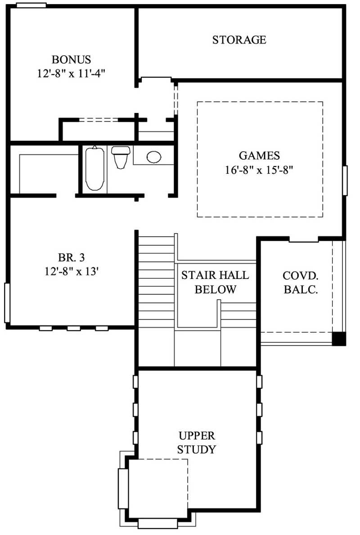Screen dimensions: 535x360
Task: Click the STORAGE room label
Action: [x=239, y=40]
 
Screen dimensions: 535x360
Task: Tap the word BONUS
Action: [x=72, y=59]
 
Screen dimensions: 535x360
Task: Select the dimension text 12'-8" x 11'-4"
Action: [x=72, y=73]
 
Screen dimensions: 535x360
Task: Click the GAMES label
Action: [x=259, y=156]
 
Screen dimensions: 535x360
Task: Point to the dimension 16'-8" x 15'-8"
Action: [x=259, y=170]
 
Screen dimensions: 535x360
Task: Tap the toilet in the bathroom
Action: [x=121, y=156]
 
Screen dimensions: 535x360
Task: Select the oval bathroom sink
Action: [x=154, y=157]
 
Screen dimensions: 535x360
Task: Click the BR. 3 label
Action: [x=72, y=257]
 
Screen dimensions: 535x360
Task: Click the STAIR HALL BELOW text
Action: [x=215, y=282]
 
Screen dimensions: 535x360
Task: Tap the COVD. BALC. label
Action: [x=301, y=282]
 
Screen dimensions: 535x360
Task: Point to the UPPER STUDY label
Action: [x=197, y=442]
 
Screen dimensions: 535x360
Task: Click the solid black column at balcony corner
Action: [x=338, y=339]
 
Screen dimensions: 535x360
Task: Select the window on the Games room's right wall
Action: [x=345, y=180]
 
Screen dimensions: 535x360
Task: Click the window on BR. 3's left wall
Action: [x=7, y=303]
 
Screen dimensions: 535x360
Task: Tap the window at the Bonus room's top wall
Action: [x=31, y=5]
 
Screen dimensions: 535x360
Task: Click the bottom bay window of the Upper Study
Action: [x=157, y=523]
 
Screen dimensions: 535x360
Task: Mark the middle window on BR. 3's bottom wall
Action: [x=74, y=328]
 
